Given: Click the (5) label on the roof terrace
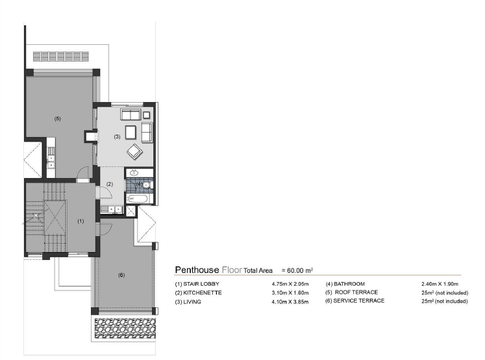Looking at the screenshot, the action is click(x=58, y=118).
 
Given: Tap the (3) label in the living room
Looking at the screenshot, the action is click(x=117, y=136).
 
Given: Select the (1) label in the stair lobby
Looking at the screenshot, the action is click(x=81, y=221).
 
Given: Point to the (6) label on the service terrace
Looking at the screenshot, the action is click(x=121, y=275).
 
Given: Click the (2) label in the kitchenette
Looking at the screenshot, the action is click(x=110, y=184).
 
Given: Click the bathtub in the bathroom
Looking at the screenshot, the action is click(x=138, y=199).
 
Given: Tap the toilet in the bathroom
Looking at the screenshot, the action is click(x=147, y=185).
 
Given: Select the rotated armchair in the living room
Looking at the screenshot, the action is click(x=134, y=151).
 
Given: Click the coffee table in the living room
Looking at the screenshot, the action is click(x=131, y=132).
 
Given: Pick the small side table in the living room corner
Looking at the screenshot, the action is click(x=146, y=115).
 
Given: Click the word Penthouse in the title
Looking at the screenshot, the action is click(x=197, y=270).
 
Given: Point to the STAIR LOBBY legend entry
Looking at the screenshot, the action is click(x=197, y=284).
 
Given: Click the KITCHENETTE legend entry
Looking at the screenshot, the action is click(x=198, y=293).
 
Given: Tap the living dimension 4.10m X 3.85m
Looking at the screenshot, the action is click(x=290, y=302).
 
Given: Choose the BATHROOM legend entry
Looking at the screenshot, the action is click(x=345, y=284).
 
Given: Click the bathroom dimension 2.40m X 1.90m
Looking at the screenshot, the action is click(x=440, y=284).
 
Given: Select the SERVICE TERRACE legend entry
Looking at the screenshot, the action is click(x=354, y=301).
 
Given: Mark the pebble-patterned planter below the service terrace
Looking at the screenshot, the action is click(x=125, y=328).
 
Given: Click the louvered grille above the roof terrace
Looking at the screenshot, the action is click(x=61, y=57).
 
